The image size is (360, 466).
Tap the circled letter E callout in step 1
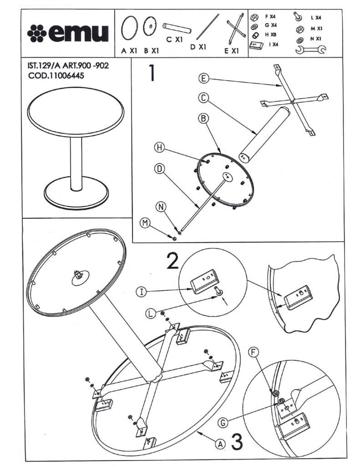point(203,79)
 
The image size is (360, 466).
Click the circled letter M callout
point(144,222)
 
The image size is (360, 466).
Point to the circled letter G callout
point(222,422)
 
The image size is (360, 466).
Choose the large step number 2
point(172,261)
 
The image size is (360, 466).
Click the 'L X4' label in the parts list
point(315,17)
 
